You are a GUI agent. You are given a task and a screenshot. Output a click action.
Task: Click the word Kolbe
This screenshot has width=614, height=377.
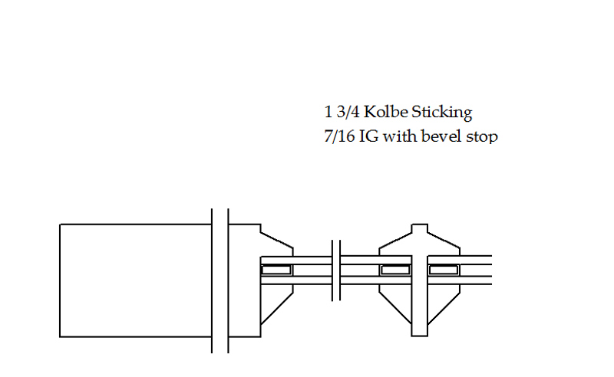pos(386,112)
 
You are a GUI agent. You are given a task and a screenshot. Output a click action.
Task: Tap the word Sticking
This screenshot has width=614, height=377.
pos(442,113)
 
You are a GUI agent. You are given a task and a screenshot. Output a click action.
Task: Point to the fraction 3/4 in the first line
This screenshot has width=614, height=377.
pos(348,112)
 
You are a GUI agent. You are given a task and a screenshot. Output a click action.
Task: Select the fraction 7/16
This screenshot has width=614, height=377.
pos(339,136)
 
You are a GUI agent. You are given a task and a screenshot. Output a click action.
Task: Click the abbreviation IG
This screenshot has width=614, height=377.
pos(368,136)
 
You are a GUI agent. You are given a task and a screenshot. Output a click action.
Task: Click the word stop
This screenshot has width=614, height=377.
pos(482,137)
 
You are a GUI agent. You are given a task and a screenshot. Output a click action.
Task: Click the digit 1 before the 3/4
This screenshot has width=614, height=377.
pos(328,112)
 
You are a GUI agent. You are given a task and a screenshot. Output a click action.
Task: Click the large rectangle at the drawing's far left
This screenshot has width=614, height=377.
pos(136,280)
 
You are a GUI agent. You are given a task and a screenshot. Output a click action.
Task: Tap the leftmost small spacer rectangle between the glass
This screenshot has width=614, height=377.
pos(276,270)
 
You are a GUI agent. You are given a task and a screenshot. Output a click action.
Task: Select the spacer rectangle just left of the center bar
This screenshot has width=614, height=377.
pos(395,270)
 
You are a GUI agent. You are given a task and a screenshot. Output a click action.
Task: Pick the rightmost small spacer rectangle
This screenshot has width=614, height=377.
pos(444,270)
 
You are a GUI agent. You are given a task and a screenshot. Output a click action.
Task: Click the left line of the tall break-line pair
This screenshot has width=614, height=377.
pos(212,280)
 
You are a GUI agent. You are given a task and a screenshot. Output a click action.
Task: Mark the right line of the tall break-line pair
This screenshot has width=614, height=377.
pos(228,280)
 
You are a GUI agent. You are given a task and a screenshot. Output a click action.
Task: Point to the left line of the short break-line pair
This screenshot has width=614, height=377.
pos(332,270)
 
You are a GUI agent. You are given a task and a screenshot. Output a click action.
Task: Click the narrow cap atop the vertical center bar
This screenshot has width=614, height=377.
pos(420,229)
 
